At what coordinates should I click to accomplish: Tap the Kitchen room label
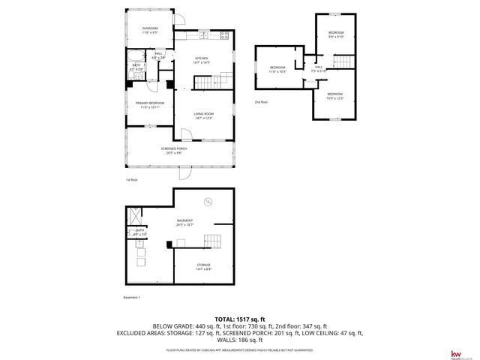pyautogui.click(x=201, y=61)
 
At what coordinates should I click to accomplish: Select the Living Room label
pyautogui.click(x=204, y=115)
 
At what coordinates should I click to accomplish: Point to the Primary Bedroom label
pyautogui.click(x=149, y=105)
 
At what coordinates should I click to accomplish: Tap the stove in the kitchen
pyautogui.click(x=223, y=36)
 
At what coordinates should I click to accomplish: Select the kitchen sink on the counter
pyautogui.click(x=204, y=36)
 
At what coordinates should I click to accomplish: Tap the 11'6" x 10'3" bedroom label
pyautogui.click(x=278, y=70)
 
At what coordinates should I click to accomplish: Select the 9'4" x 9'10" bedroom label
pyautogui.click(x=335, y=34)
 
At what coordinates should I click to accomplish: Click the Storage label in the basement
pyautogui.click(x=203, y=266)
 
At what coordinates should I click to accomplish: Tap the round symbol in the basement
pyautogui.click(x=209, y=200)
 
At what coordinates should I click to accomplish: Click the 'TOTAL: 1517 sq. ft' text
pyautogui.click(x=240, y=319)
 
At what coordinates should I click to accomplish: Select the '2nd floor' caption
pyautogui.click(x=261, y=102)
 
